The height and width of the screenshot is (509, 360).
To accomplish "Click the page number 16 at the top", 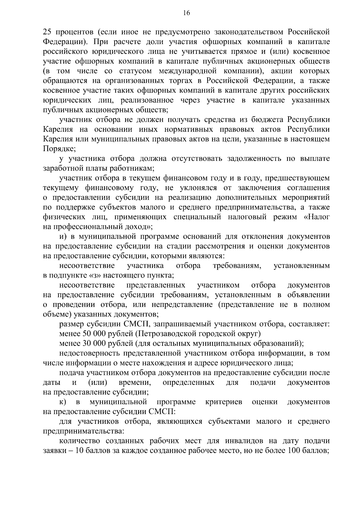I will (186, 13).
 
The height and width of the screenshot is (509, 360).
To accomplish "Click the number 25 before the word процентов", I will (47, 32).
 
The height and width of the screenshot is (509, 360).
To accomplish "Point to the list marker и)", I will (62, 237).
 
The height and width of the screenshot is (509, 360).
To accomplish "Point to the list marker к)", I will (62, 402).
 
